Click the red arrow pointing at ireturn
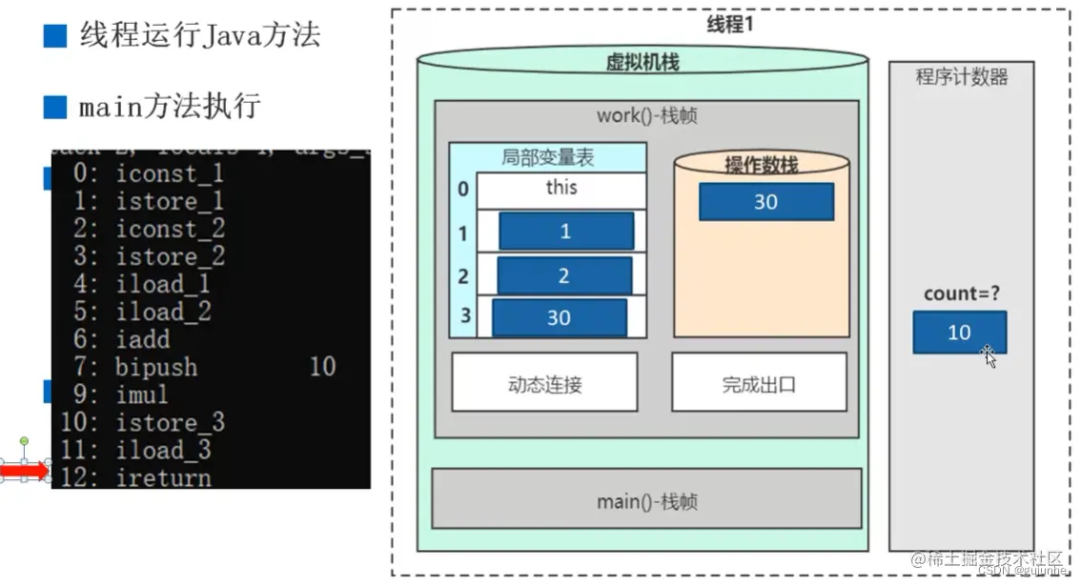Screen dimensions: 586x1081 click(x=27, y=471)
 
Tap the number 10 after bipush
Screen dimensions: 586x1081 click(x=322, y=367)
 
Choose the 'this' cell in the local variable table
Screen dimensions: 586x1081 click(x=561, y=188)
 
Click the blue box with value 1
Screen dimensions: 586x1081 click(x=565, y=232)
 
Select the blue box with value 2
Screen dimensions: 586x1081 click(x=563, y=275)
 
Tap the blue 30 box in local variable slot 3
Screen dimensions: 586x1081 click(x=559, y=318)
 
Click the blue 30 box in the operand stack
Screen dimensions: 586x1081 click(x=765, y=202)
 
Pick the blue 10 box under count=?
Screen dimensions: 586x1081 click(x=958, y=333)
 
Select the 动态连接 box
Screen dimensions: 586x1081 click(x=544, y=384)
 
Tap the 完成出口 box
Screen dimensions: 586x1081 click(x=758, y=384)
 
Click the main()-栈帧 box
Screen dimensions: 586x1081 click(x=646, y=499)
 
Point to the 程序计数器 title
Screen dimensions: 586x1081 click(x=961, y=78)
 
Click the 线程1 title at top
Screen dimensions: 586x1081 click(x=729, y=25)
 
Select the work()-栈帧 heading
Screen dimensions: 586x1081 click(x=646, y=116)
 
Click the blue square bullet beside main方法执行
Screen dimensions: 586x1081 click(x=55, y=107)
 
